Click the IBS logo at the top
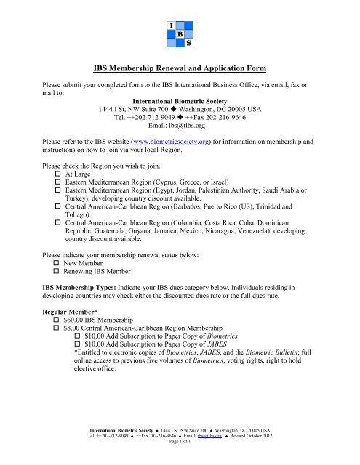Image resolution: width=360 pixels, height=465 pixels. point(179,32)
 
